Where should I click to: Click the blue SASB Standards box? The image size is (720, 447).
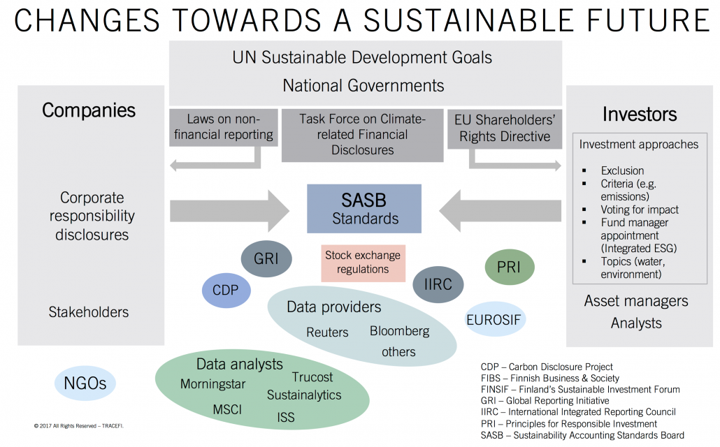click(364, 209)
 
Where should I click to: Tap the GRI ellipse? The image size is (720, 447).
click(266, 259)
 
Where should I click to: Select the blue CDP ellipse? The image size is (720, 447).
click(226, 291)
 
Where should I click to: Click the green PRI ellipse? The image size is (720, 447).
click(509, 267)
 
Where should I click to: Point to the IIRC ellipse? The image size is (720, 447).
click(438, 284)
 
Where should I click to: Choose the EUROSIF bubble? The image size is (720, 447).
click(494, 319)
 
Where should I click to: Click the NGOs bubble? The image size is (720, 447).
click(85, 383)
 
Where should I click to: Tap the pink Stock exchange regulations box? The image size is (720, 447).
click(363, 263)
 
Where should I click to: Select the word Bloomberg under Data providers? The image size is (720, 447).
click(399, 331)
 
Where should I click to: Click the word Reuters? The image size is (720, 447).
click(327, 332)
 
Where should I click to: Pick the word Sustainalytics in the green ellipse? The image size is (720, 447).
click(304, 395)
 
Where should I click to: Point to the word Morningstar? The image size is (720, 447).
click(213, 384)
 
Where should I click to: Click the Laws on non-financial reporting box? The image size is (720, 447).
click(224, 128)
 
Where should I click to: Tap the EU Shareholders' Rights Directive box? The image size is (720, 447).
click(505, 129)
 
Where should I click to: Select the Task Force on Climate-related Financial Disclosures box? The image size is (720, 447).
click(362, 135)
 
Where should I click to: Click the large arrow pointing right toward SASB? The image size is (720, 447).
click(229, 211)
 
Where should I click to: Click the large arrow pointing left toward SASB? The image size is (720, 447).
click(500, 211)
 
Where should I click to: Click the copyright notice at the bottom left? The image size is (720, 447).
click(78, 426)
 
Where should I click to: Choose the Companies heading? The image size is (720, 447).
click(89, 110)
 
